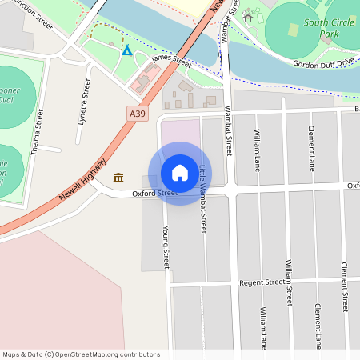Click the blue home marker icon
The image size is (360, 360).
pyautogui.click(x=180, y=173)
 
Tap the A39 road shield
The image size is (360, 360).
pyautogui.click(x=138, y=114)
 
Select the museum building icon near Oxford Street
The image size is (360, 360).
pyautogui.click(x=118, y=177)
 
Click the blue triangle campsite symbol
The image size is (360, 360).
pyautogui.click(x=126, y=51)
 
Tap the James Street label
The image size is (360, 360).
pyautogui.click(x=171, y=60)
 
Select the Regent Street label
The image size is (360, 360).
pyautogui.click(x=262, y=282)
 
